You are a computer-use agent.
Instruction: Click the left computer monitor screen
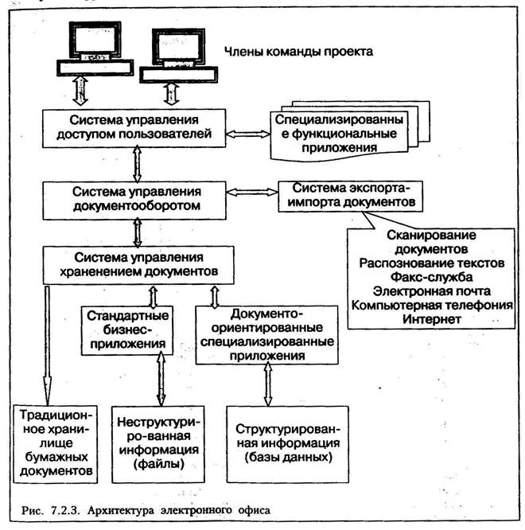click(95, 39)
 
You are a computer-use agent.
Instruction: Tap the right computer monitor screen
click(178, 46)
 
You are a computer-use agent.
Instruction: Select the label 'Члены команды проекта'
click(298, 52)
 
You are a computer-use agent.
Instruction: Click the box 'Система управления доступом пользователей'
click(134, 128)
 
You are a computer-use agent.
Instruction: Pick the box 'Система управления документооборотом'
click(134, 201)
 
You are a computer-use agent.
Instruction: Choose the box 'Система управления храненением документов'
click(138, 265)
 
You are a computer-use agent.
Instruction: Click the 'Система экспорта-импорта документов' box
click(351, 197)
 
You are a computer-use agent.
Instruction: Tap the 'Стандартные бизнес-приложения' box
click(127, 330)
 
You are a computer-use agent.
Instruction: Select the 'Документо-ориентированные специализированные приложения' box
click(267, 335)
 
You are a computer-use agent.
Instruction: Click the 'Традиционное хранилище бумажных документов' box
click(56, 444)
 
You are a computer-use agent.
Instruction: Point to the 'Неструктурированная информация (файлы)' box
click(158, 444)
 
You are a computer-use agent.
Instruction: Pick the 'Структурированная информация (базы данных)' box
click(287, 444)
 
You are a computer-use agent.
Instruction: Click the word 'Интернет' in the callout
click(431, 319)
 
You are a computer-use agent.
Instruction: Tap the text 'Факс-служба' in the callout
click(431, 277)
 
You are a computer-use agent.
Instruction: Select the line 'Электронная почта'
click(431, 291)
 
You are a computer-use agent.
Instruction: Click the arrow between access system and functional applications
click(248, 134)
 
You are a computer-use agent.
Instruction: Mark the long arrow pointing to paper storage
click(47, 345)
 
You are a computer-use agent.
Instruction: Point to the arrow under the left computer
click(80, 91)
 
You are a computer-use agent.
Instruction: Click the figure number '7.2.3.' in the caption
click(65, 510)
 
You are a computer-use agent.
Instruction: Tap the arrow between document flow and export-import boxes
click(252, 192)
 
